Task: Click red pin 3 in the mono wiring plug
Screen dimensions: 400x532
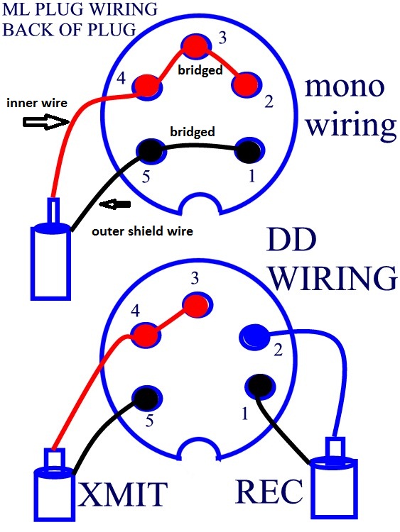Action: pyautogui.click(x=196, y=45)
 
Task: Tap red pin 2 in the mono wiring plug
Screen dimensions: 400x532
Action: pyautogui.click(x=247, y=85)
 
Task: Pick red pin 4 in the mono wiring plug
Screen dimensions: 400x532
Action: pyautogui.click(x=147, y=86)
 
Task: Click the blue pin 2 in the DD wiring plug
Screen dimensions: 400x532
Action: pyautogui.click(x=255, y=336)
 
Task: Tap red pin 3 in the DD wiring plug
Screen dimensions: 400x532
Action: pyautogui.click(x=197, y=305)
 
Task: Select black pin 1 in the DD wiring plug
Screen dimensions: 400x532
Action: pyautogui.click(x=260, y=386)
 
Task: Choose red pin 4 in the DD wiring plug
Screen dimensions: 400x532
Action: pyautogui.click(x=146, y=335)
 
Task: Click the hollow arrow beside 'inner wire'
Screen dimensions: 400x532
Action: pyautogui.click(x=46, y=121)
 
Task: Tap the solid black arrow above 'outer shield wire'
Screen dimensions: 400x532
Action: pyautogui.click(x=115, y=204)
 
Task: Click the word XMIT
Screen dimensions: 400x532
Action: pyautogui.click(x=123, y=494)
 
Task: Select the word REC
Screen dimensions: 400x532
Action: pyautogui.click(x=269, y=491)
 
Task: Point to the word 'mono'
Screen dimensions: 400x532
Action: pyautogui.click(x=345, y=87)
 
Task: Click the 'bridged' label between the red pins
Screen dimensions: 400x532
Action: pyautogui.click(x=200, y=70)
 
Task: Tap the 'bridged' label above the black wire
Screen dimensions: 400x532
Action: pyautogui.click(x=193, y=131)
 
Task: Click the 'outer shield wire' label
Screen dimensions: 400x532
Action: pyautogui.click(x=142, y=231)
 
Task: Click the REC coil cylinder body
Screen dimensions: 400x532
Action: pyautogui.click(x=334, y=489)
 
